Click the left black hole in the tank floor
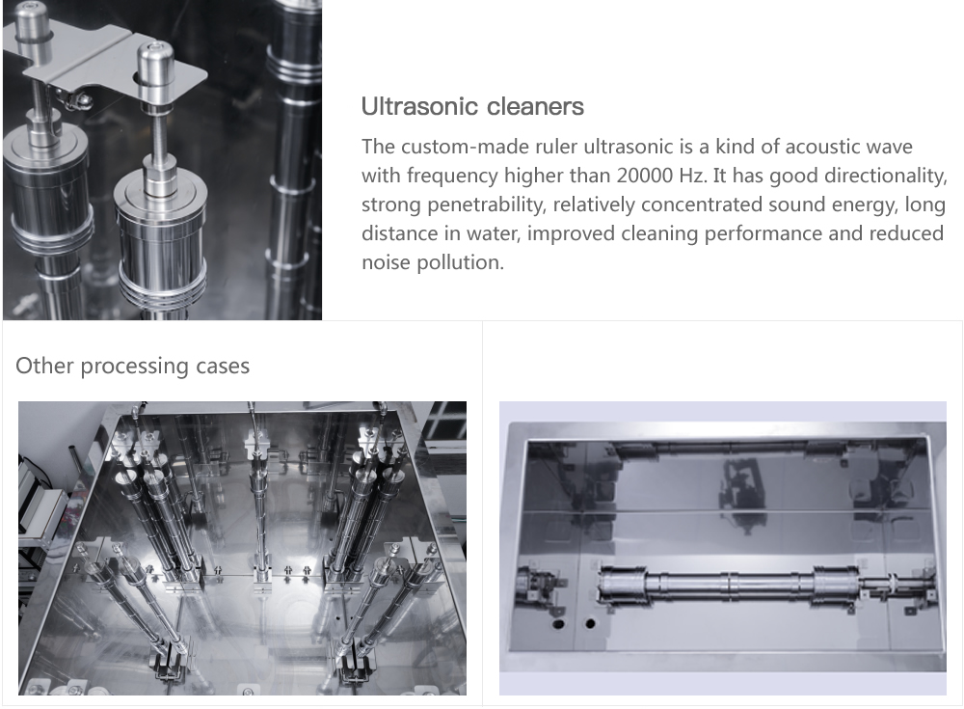click(x=558, y=624)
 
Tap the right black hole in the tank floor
click(x=590, y=624)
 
